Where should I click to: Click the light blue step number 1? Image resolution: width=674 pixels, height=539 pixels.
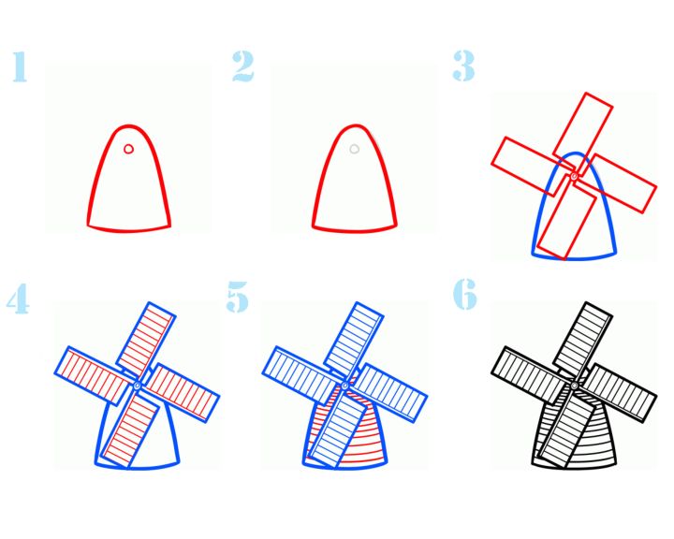20,66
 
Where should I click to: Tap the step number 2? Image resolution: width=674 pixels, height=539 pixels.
243,66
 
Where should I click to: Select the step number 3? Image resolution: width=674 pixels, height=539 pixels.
463,66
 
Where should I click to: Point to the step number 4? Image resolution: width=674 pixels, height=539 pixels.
18,299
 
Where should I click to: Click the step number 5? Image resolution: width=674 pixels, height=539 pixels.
237,297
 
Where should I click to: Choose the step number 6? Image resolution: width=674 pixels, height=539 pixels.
465,294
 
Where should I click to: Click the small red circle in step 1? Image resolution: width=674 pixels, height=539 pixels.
128,149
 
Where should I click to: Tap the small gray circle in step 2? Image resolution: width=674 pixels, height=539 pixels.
354,149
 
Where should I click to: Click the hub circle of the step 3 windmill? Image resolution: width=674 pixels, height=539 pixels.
574,175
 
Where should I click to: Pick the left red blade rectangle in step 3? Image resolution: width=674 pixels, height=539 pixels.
532,167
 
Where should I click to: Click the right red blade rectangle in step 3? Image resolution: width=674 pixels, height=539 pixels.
616,184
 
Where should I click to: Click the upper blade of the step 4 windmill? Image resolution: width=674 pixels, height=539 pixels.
146,341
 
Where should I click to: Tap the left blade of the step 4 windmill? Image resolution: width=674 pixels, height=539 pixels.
95,375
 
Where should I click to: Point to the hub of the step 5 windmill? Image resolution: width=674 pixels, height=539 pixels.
344,386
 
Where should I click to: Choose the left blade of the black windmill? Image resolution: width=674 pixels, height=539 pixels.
532,375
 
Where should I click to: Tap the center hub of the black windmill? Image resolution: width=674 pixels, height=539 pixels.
574,386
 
